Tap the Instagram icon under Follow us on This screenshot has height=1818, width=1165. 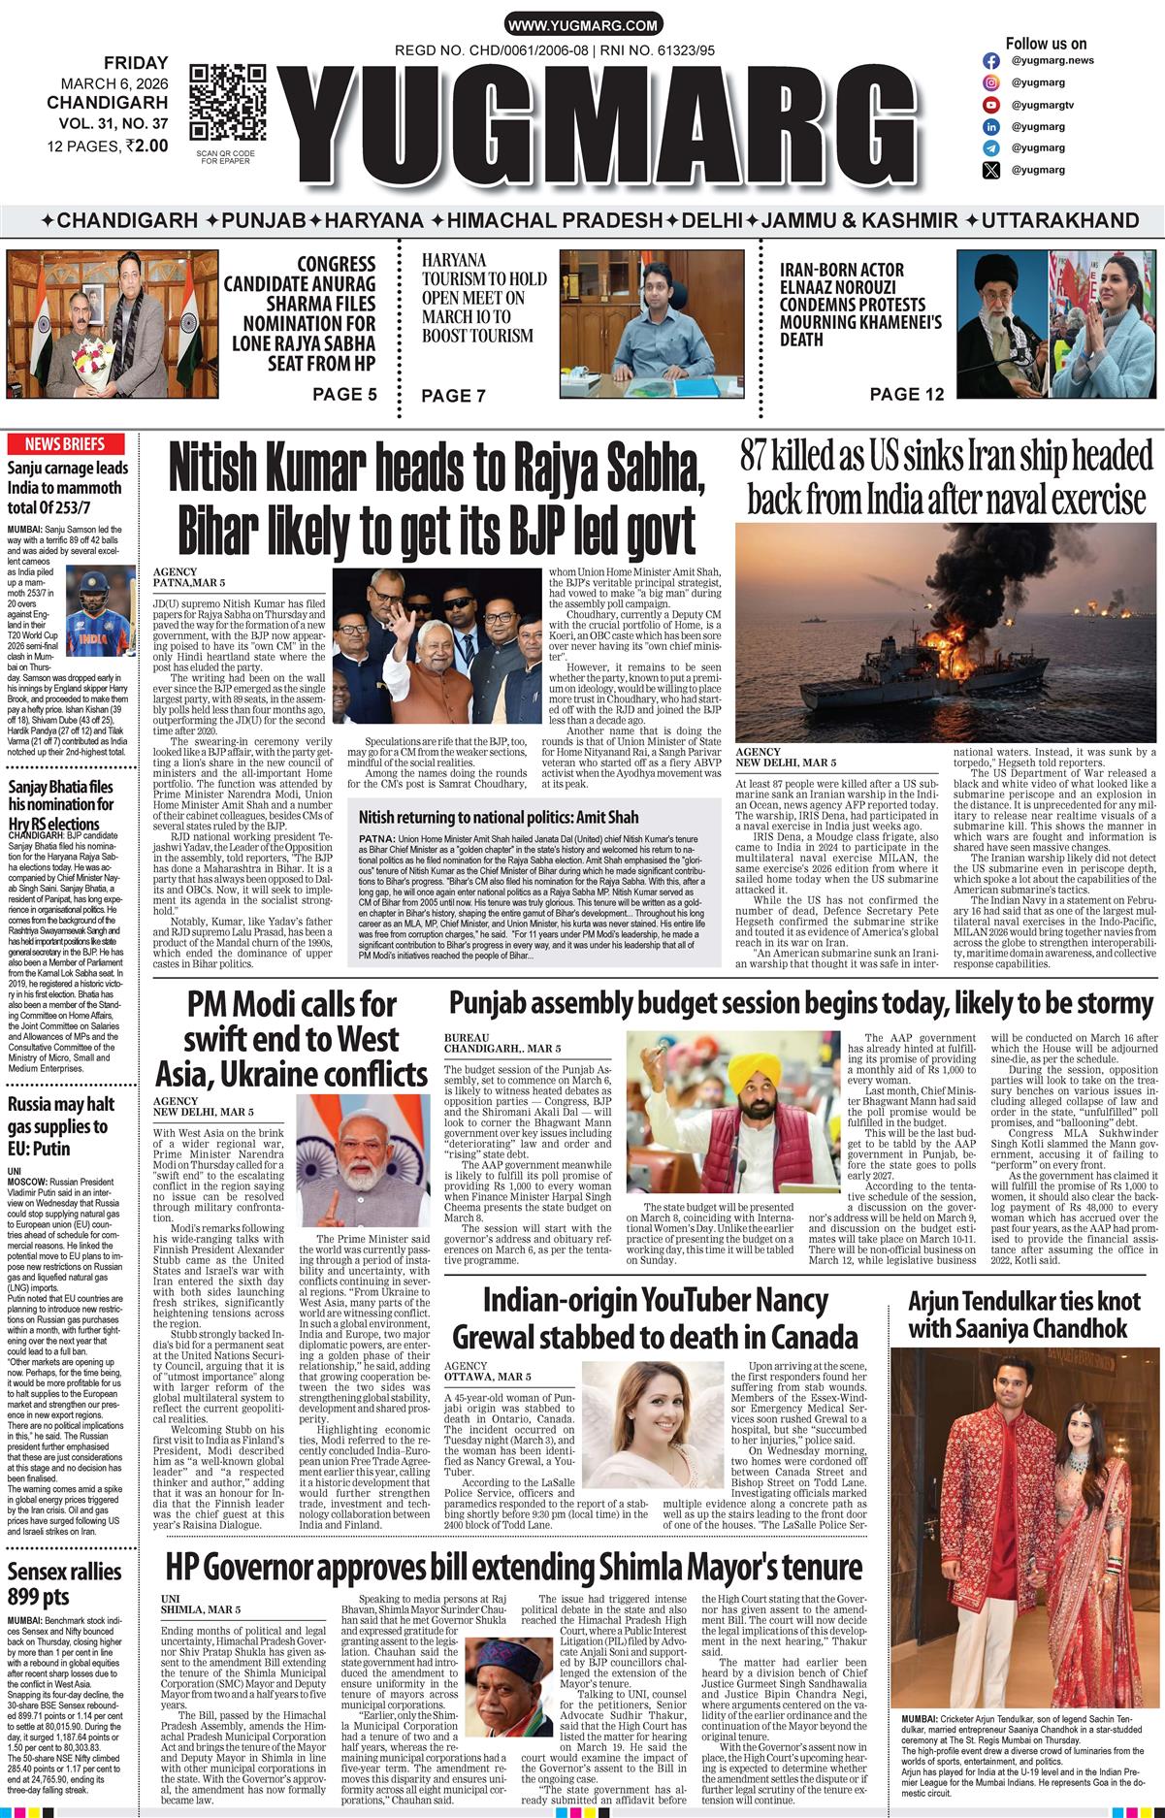[x=990, y=60]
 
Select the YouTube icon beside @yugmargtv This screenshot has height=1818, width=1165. [x=990, y=105]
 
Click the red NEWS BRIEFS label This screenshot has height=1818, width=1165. [x=65, y=444]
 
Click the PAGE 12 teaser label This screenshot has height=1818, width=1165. [x=906, y=394]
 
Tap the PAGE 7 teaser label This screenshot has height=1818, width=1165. [x=453, y=396]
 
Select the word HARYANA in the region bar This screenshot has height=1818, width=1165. [x=373, y=221]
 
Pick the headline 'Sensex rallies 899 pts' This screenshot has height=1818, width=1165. [x=65, y=1583]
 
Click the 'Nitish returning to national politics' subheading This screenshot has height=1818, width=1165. [x=499, y=818]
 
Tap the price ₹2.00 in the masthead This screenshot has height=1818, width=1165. [x=146, y=146]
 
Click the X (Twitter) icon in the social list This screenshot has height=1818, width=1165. [x=990, y=171]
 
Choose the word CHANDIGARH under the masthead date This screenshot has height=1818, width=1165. [x=107, y=102]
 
